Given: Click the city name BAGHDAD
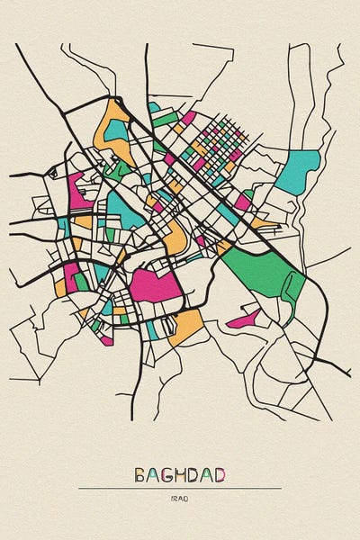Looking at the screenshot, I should [x=180, y=474].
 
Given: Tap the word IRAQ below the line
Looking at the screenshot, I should [x=180, y=497].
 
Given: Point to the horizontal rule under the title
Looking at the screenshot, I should [x=180, y=489].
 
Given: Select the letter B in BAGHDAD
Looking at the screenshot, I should [x=140, y=474].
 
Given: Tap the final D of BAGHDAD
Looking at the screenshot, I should [x=220, y=474].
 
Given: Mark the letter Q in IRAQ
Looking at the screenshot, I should [x=187, y=497].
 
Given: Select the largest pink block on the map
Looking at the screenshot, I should [x=155, y=285].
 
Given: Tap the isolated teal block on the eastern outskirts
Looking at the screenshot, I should [x=299, y=171].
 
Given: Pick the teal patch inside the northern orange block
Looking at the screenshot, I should [x=117, y=130].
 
